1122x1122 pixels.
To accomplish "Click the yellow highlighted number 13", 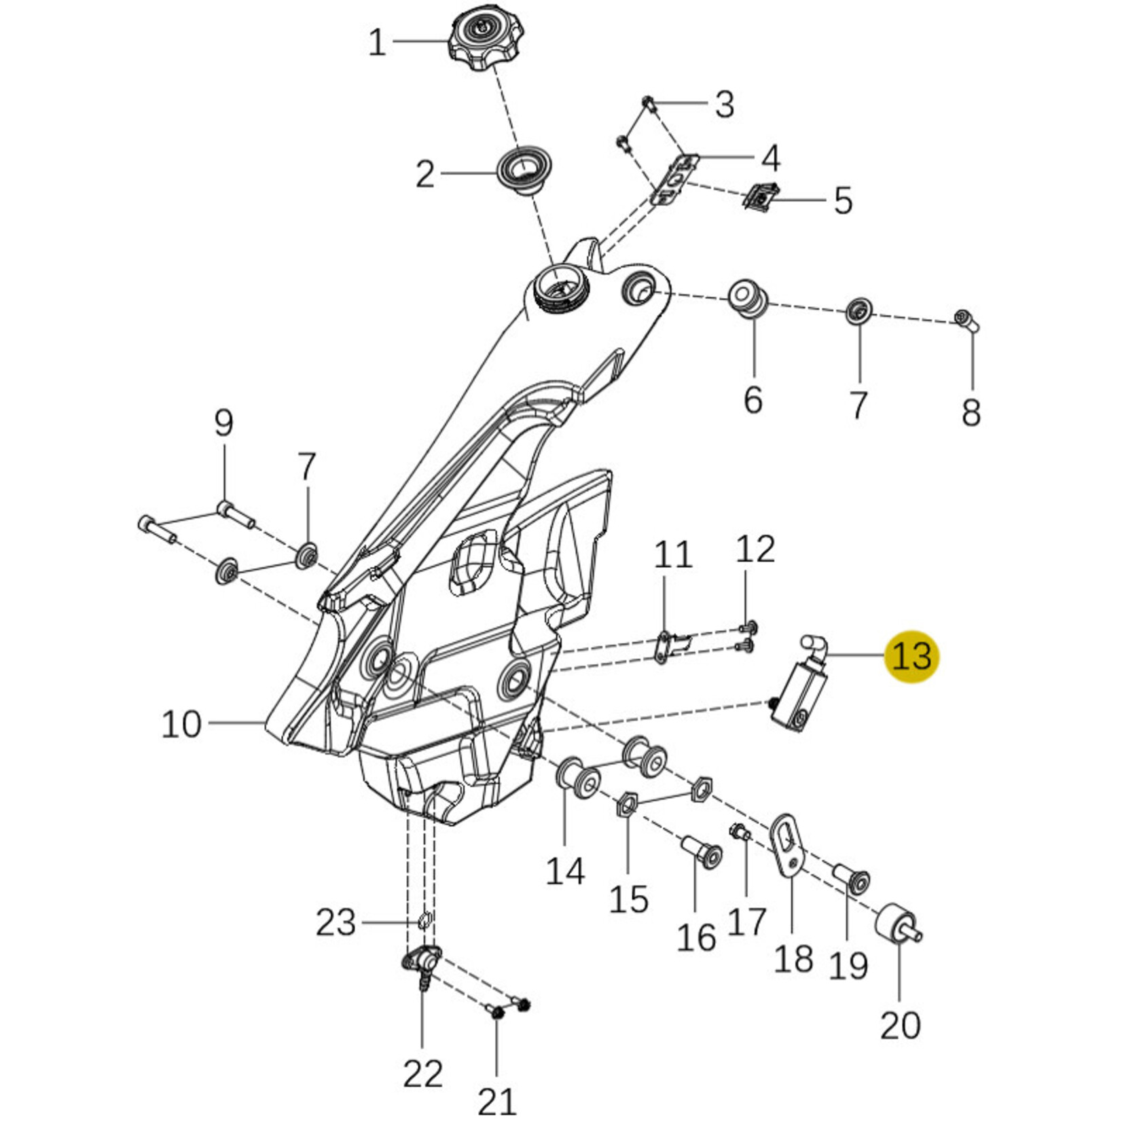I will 911,656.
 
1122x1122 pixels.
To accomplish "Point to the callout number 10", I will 181,724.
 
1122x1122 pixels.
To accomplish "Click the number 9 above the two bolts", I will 223,423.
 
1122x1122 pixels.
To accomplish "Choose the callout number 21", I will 496,1100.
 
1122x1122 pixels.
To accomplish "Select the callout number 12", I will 755,549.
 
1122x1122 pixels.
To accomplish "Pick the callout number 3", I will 725,105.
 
